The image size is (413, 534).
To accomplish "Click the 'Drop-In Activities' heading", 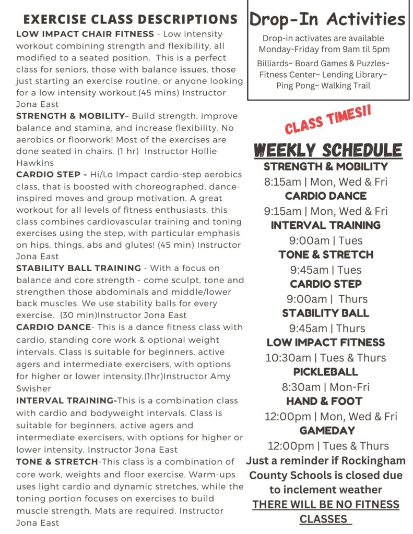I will coord(327,19).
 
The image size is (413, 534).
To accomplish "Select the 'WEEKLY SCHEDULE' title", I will coord(328,150).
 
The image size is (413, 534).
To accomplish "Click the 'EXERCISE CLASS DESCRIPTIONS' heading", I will coord(131,20).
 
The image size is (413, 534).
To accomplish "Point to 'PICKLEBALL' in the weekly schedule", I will coord(326,372).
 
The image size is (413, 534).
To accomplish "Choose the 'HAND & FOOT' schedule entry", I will coord(324,402).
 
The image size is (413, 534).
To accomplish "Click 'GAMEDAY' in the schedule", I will coord(327,431).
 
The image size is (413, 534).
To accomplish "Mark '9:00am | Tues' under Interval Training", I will coord(326,240).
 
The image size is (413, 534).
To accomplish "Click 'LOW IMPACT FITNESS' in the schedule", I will coord(326,343).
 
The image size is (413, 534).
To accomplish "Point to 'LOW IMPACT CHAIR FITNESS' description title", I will coord(84,34).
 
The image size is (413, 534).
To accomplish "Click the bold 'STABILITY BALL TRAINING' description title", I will coord(78,268).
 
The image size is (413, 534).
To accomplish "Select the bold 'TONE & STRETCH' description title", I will coord(57,462).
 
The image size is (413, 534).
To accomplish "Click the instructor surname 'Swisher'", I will coord(33,389).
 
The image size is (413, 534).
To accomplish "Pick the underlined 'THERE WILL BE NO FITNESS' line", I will coord(326,505).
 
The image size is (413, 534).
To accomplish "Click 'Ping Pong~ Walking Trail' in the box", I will coord(323,86).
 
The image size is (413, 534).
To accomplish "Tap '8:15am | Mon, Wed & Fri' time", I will coord(326,182).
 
